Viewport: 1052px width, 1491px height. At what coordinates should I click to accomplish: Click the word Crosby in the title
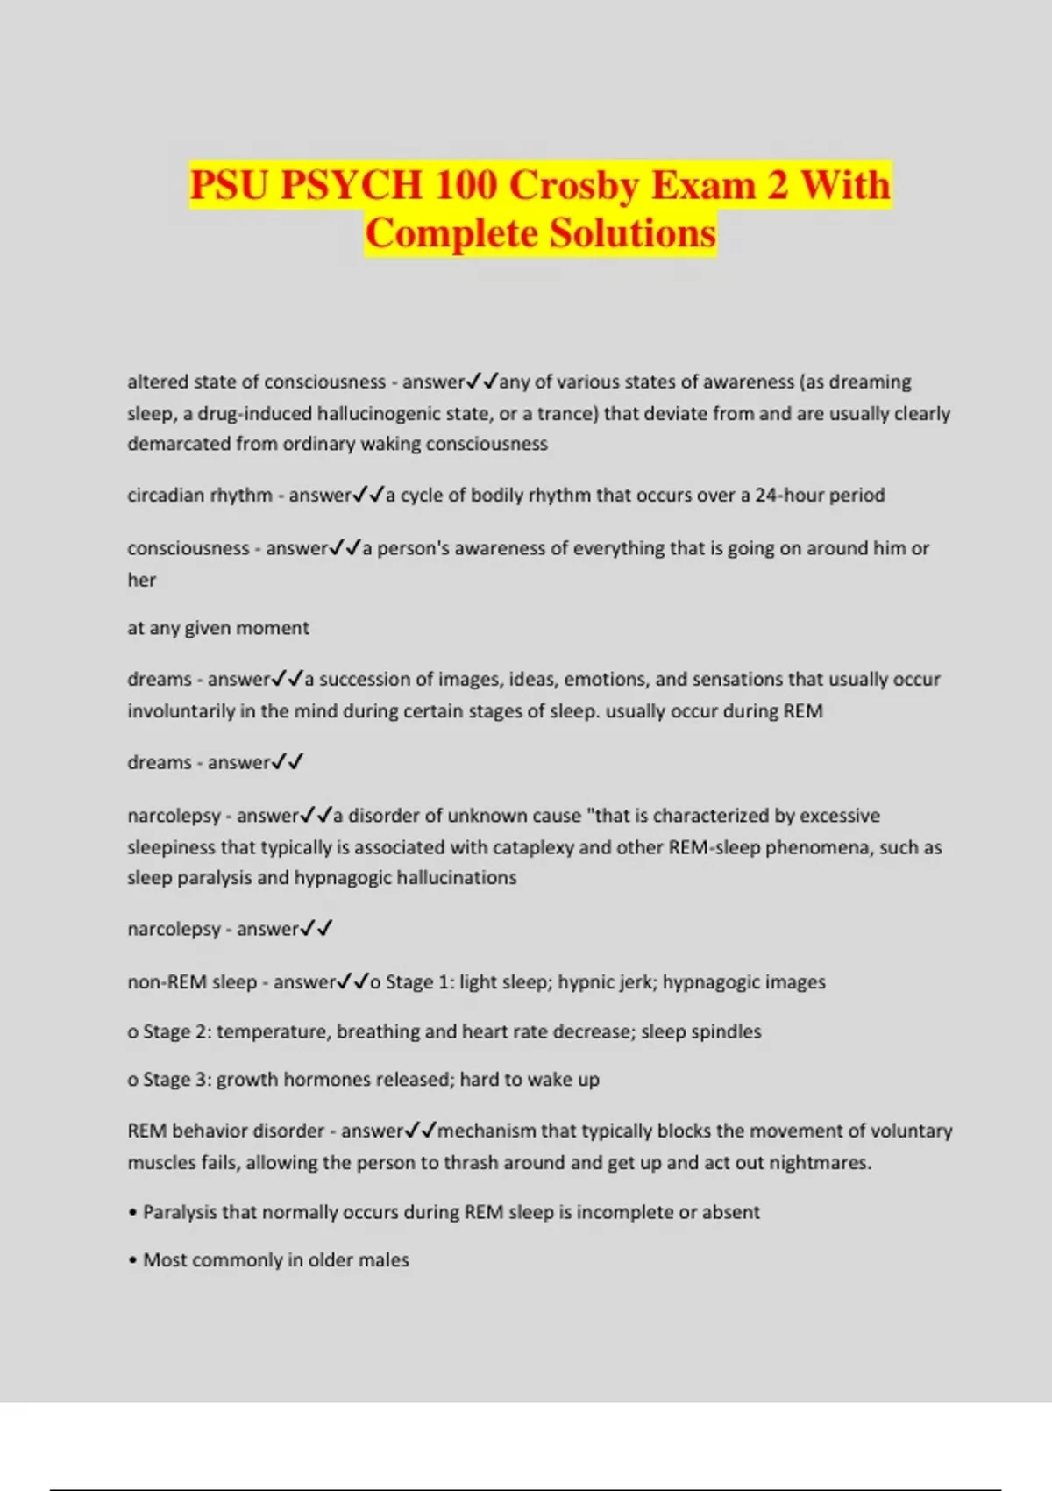coord(573,185)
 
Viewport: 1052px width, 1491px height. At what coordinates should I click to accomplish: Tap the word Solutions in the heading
coord(634,233)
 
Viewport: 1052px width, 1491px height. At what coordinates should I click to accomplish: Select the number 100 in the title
coord(466,185)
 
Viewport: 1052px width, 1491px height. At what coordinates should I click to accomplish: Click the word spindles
coord(726,1031)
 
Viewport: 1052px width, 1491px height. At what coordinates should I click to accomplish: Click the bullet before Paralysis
coord(132,1213)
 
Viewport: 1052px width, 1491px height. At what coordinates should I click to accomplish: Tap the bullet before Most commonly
coord(132,1261)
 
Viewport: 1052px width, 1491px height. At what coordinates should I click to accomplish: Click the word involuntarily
coord(181,711)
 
